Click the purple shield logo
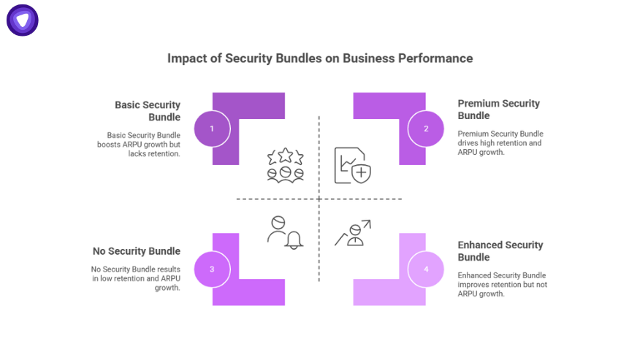point(23,20)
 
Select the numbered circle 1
point(212,129)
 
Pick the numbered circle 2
point(426,129)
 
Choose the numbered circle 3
point(212,269)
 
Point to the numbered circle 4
point(426,269)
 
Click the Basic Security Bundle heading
point(148,111)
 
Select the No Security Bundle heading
point(137,251)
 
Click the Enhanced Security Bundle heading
point(500,250)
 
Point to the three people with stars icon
point(285,164)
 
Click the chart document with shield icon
point(352,165)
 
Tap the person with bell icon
point(285,232)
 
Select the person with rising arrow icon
point(354,233)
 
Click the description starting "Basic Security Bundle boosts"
point(139,144)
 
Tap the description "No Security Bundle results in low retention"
point(136,278)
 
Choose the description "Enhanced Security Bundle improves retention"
point(502,284)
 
